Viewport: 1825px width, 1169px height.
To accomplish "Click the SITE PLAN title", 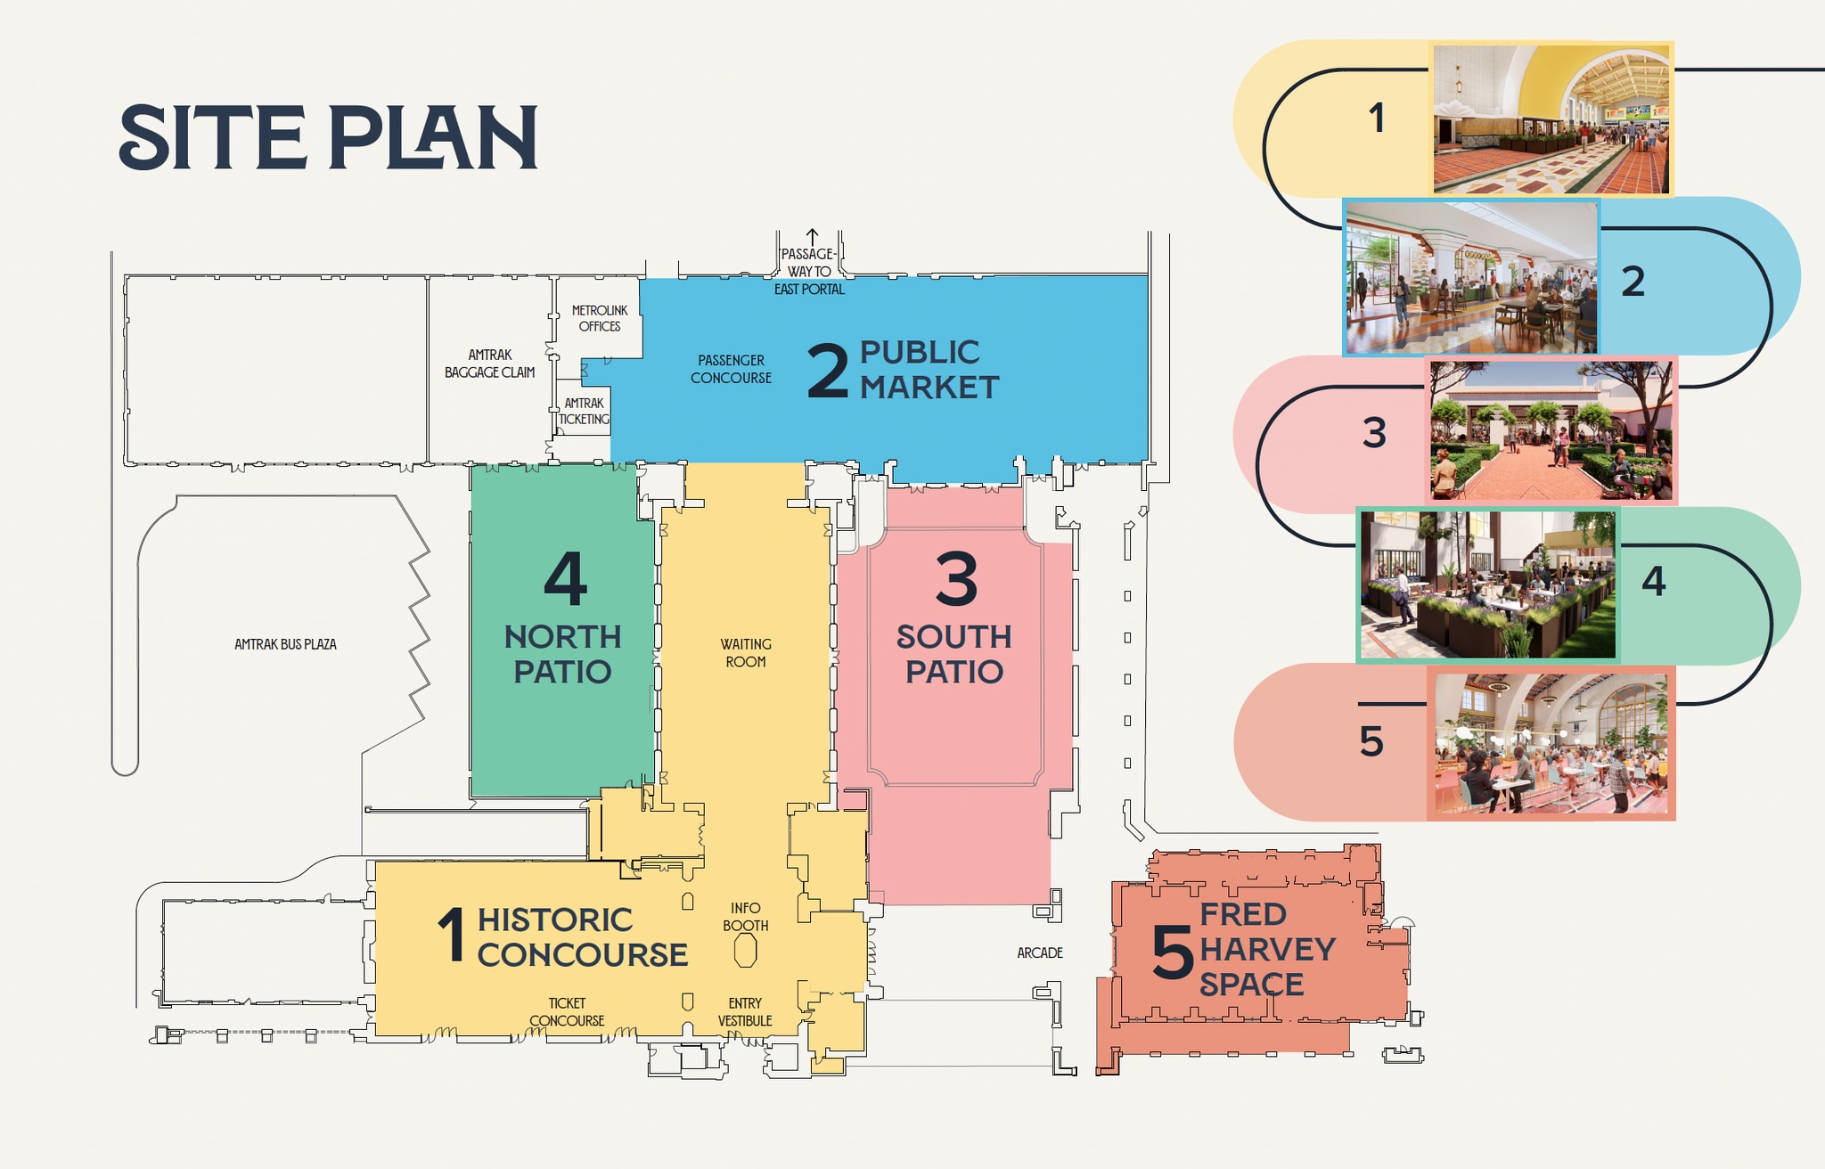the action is click(328, 137).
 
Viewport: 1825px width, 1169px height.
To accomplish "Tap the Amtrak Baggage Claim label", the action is click(490, 364).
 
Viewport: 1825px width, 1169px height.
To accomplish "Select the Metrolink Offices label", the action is click(600, 318).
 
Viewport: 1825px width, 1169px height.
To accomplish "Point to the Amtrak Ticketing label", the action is click(585, 411).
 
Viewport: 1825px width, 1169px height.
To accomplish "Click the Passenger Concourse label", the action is click(731, 369).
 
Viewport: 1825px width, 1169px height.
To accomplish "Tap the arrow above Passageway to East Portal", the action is click(812, 237).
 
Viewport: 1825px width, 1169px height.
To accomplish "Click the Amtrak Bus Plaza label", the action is click(285, 644).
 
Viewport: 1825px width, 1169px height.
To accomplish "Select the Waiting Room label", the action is click(746, 653).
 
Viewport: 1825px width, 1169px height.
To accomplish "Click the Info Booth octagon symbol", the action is click(745, 951).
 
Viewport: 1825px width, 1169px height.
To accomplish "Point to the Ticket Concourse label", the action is click(567, 1012).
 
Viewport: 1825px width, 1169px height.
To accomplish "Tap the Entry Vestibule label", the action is click(745, 1012).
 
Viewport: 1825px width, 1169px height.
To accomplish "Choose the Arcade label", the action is click(1040, 953).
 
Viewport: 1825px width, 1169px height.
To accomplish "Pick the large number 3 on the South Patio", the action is click(956, 578).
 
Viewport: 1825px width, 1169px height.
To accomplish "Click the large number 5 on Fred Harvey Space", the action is click(1172, 952).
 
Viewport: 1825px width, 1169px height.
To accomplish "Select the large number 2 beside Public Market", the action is click(827, 371).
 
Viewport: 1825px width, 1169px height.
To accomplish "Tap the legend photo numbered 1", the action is click(1551, 119).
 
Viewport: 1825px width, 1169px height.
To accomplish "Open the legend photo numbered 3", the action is click(1551, 430).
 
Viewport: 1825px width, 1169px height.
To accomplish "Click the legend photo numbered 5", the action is click(1551, 743).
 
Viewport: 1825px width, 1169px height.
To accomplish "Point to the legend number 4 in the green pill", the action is click(1654, 582).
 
